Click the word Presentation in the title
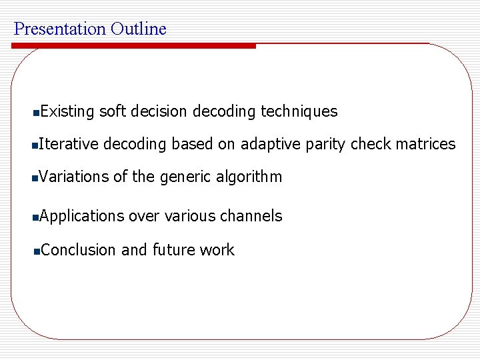60,29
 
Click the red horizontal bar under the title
133,46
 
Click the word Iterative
69,144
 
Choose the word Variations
73,177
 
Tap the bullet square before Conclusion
37,251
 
